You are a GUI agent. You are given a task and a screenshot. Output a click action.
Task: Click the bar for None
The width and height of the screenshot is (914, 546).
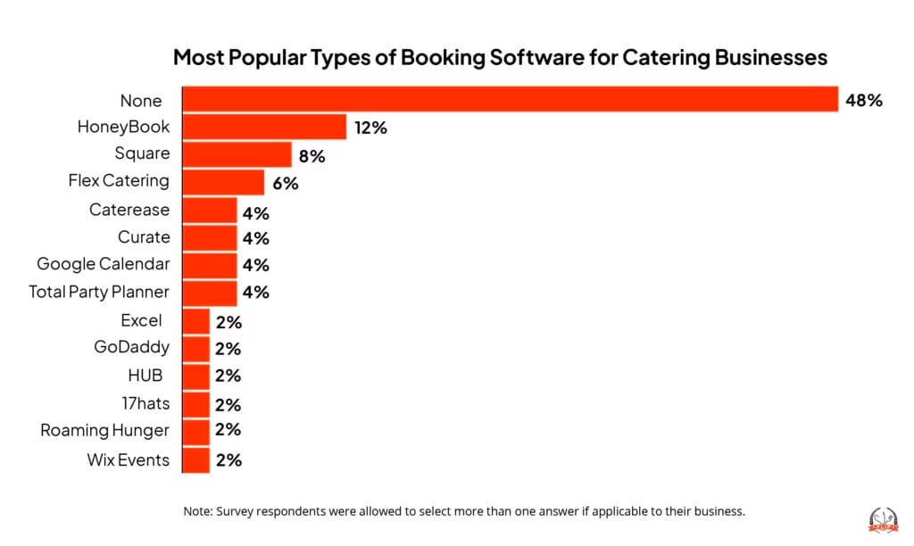510,100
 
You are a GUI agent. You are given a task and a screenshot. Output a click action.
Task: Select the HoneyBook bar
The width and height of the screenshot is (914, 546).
264,128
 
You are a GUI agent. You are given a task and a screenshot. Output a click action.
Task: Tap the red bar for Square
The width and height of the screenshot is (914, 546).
237,154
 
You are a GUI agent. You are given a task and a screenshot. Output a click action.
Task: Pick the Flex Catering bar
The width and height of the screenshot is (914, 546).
223,182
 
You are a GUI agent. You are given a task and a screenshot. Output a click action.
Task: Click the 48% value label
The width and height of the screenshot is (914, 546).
864,100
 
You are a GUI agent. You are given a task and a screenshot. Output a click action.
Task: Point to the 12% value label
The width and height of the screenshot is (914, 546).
370,128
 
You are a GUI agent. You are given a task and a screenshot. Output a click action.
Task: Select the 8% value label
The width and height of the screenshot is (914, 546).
312,156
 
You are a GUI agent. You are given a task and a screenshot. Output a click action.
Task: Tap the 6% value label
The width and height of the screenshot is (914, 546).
285,184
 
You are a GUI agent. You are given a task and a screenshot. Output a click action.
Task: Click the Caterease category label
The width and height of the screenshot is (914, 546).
129,210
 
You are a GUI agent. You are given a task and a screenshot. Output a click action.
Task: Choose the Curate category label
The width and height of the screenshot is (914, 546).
143,237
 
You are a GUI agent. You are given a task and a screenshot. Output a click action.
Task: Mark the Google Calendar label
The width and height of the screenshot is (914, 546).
103,264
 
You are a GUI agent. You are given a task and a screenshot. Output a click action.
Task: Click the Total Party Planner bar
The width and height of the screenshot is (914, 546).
210,293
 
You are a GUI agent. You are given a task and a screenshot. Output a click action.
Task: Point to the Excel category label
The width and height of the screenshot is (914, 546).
141,320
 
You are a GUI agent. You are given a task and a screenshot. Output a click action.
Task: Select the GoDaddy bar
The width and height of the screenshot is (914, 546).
196,348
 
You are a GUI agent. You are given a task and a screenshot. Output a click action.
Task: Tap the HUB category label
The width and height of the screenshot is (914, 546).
145,376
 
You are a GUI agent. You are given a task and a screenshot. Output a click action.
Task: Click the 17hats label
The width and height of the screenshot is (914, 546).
145,403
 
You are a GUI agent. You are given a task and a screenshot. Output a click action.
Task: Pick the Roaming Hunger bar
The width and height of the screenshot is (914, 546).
196,431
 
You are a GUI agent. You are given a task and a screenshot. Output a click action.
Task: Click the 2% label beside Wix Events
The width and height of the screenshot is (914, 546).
228,460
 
